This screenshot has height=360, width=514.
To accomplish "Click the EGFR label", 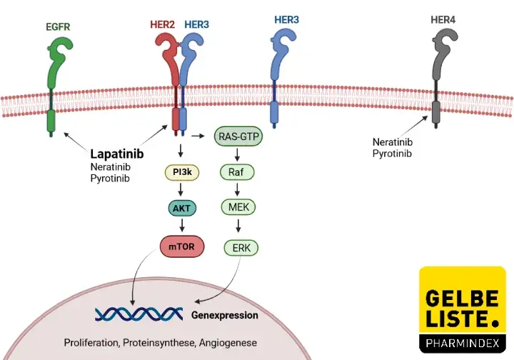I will click(x=57, y=28).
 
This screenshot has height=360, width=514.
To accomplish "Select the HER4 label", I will click(x=443, y=19).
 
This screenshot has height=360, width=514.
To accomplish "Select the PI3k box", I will click(x=181, y=172).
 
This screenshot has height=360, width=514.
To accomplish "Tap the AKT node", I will click(x=181, y=209).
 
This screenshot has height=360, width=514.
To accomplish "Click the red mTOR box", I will click(x=181, y=246).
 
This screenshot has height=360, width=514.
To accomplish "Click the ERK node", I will click(x=241, y=248).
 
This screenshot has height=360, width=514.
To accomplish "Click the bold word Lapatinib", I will click(x=117, y=154).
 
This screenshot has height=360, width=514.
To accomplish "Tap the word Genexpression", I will click(x=225, y=314).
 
